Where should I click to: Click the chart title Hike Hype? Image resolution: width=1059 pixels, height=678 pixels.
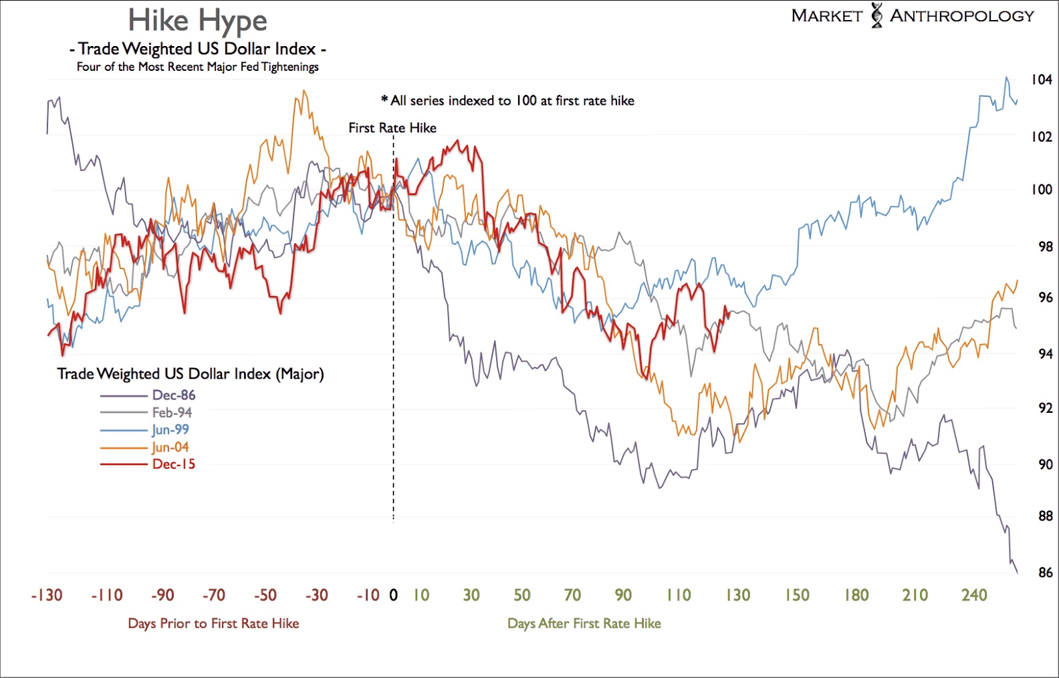coord(197,21)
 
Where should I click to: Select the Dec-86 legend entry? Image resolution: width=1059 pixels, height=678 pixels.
coord(173,395)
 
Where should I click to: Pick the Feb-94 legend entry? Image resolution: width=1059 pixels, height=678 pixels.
coord(172,413)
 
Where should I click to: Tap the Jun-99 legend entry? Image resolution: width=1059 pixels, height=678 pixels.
coord(170,430)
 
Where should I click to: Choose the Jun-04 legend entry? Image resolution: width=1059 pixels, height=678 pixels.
coord(170,447)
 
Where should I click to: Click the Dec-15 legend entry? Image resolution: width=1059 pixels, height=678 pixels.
coord(173,464)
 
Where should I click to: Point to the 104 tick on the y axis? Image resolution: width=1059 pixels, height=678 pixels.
coord(1041,80)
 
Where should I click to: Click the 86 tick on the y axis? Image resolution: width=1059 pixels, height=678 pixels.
coord(1045,572)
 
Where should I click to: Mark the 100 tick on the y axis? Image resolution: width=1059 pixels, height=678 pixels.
coord(1041,190)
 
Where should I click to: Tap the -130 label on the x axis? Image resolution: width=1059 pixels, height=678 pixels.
coord(47,595)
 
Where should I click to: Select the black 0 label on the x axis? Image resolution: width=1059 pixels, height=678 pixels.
coord(393,595)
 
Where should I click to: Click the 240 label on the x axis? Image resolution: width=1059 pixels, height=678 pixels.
coord(974,595)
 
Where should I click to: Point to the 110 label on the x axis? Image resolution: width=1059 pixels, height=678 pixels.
coord(679,595)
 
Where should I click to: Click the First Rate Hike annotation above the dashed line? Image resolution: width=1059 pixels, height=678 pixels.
coord(392,128)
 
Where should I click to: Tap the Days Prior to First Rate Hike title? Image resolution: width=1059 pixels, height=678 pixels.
coord(213,624)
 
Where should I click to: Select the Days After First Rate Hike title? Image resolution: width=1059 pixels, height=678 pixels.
coord(584,624)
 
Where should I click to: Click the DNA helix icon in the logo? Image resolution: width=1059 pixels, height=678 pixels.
coord(876,15)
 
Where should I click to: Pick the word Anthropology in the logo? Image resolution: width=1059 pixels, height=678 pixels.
coord(962,16)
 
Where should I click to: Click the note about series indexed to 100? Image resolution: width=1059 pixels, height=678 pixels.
coord(507,101)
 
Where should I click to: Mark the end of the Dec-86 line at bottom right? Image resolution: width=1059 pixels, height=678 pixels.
coord(1017,572)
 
